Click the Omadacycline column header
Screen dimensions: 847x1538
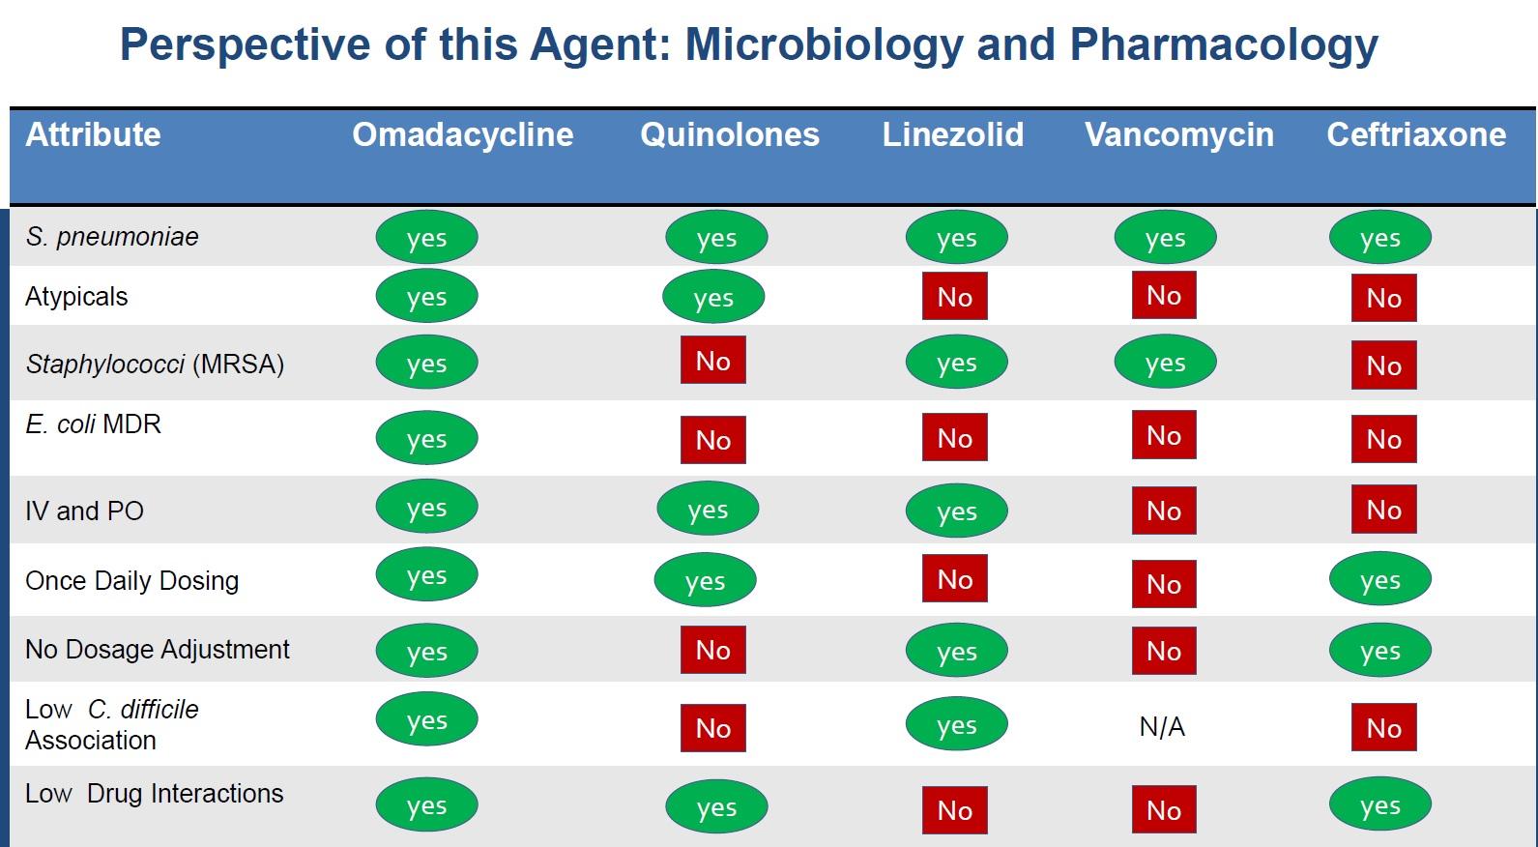462,134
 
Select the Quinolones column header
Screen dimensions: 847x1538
729,134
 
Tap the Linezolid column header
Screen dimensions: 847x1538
952,134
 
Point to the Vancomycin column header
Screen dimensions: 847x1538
1178,134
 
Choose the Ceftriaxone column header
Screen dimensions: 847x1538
1415,134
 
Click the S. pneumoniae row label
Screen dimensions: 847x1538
112,237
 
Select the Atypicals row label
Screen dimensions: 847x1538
76,297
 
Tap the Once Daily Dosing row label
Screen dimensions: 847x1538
131,581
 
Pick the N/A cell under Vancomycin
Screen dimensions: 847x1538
1162,727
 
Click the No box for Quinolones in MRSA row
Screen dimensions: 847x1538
712,361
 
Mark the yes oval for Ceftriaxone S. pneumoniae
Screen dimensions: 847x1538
1379,238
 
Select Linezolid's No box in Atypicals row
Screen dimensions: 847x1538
954,297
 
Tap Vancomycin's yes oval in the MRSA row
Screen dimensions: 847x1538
1165,363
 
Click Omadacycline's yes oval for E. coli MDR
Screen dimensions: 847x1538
426,439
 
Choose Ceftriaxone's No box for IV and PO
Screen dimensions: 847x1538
1383,510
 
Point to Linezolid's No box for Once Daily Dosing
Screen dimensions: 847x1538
954,579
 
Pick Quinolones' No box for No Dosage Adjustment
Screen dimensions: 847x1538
712,650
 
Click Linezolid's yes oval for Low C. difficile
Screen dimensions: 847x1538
956,725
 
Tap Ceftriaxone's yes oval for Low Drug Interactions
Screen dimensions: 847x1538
1379,805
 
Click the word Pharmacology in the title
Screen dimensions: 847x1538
1223,44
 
